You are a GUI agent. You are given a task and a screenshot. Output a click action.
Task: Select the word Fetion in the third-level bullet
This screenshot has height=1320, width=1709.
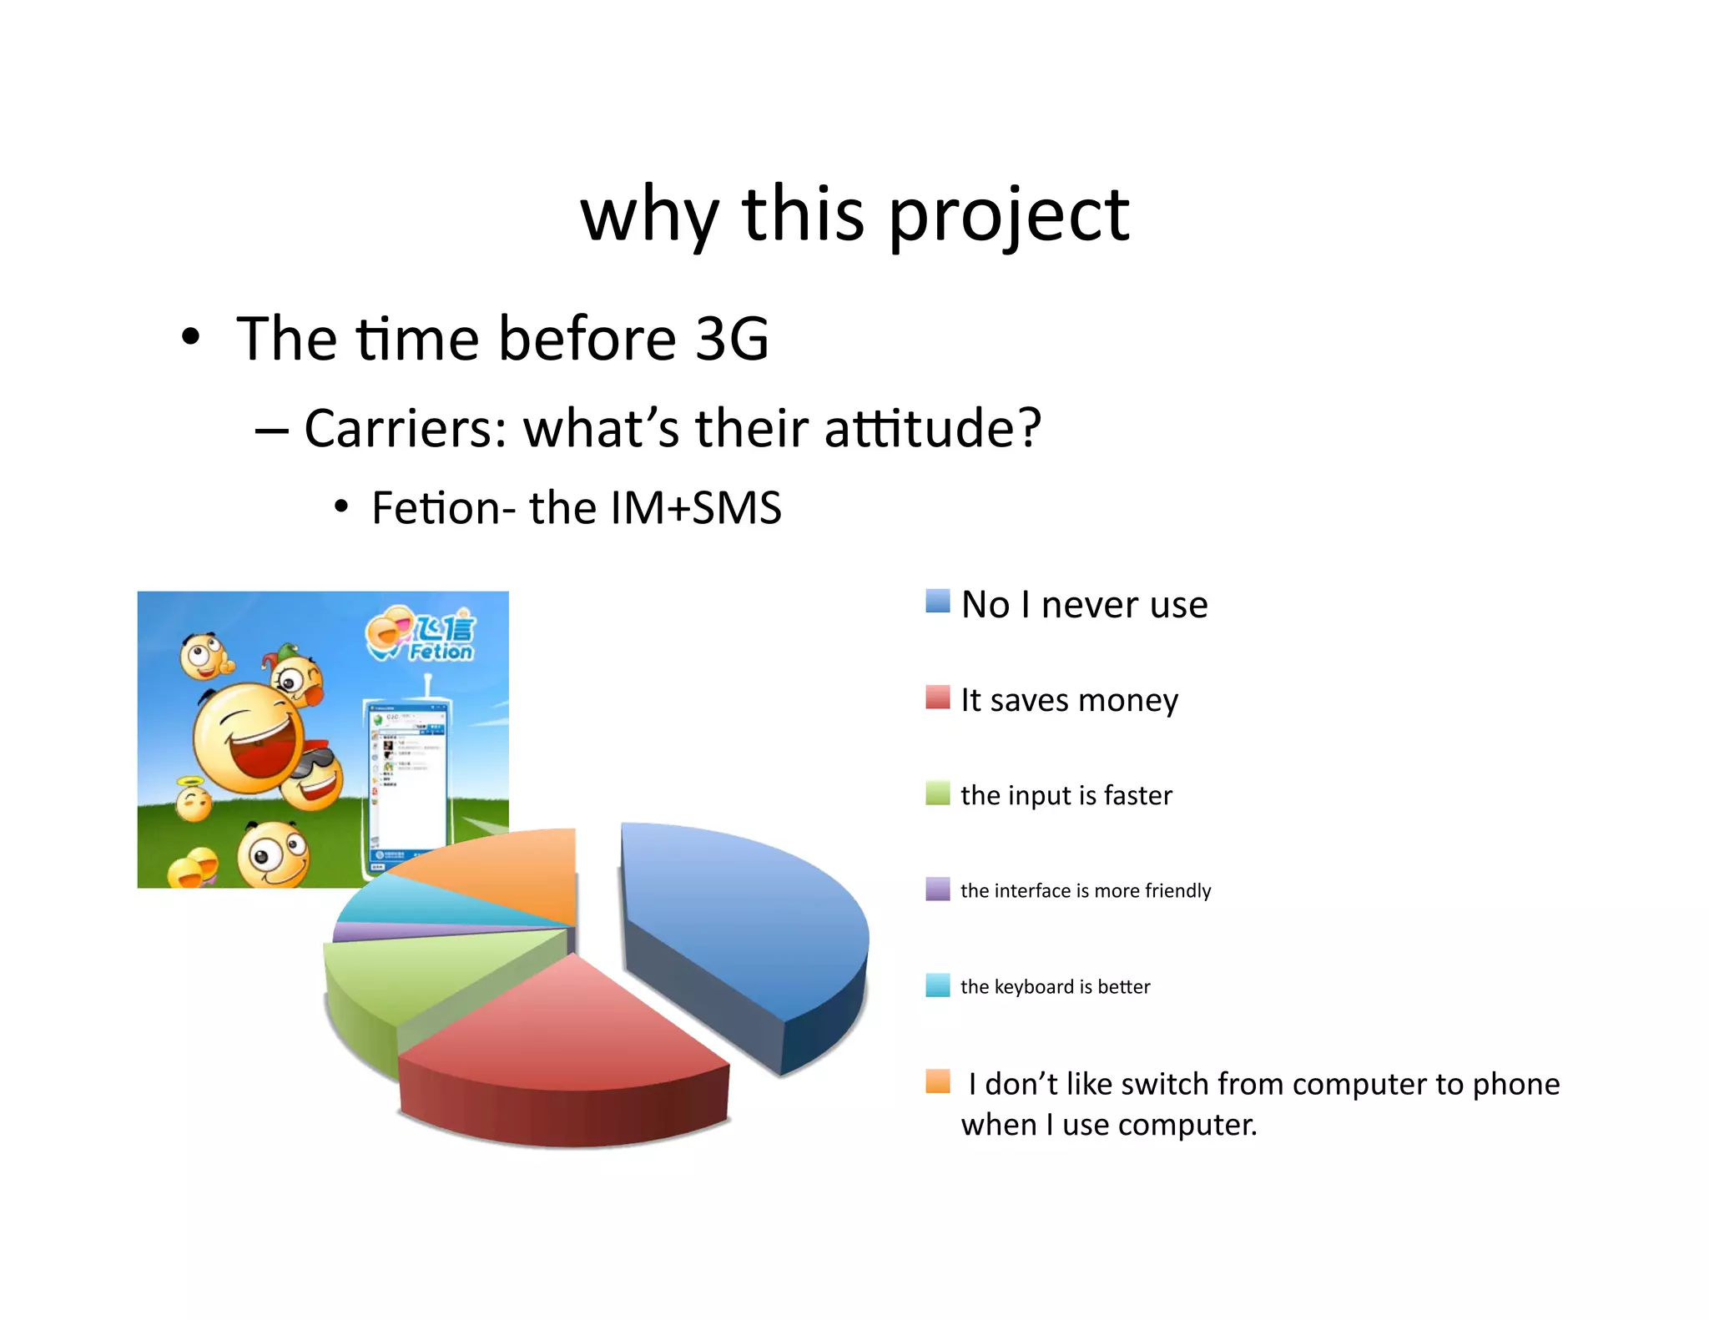pos(432,508)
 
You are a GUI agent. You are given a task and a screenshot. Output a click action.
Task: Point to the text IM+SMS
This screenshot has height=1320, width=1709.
pos(696,508)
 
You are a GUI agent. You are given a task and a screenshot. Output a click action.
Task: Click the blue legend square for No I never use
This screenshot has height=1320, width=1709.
pos(937,602)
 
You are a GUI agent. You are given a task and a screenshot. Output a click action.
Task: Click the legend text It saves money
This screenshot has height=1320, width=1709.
pos(1068,700)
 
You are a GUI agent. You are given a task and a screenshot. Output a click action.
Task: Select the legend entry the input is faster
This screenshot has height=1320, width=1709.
pos(1066,795)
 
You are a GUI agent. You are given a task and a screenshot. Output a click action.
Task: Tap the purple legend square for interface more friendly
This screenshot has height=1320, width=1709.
pos(937,889)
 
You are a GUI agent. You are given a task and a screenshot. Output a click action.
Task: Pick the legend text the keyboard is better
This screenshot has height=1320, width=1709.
pos(1055,986)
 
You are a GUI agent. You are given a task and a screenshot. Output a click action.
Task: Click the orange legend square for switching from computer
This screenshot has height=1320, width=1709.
pos(937,1081)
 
